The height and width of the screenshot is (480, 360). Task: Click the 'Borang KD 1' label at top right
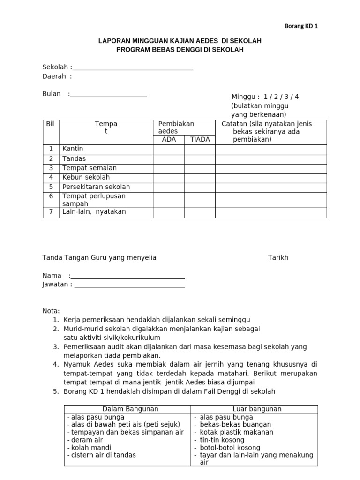(301, 26)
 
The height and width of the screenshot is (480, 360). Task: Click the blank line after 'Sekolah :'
(133, 68)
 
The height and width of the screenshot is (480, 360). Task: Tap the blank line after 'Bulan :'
(108, 95)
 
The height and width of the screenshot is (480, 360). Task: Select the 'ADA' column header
(169, 140)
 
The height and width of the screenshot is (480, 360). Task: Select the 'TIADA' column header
(200, 140)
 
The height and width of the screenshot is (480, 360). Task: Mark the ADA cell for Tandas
(169, 159)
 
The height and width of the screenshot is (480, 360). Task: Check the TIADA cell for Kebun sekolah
(200, 178)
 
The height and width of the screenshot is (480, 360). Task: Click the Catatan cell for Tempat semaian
(271, 168)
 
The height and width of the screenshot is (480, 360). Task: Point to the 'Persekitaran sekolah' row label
(96, 187)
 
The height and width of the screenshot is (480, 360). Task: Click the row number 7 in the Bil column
(51, 212)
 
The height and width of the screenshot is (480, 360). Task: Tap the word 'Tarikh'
(278, 257)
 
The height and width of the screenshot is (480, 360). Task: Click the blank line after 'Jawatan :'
(129, 285)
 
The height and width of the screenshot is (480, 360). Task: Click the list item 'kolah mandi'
(87, 447)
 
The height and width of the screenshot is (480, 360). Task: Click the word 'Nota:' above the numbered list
(51, 311)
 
